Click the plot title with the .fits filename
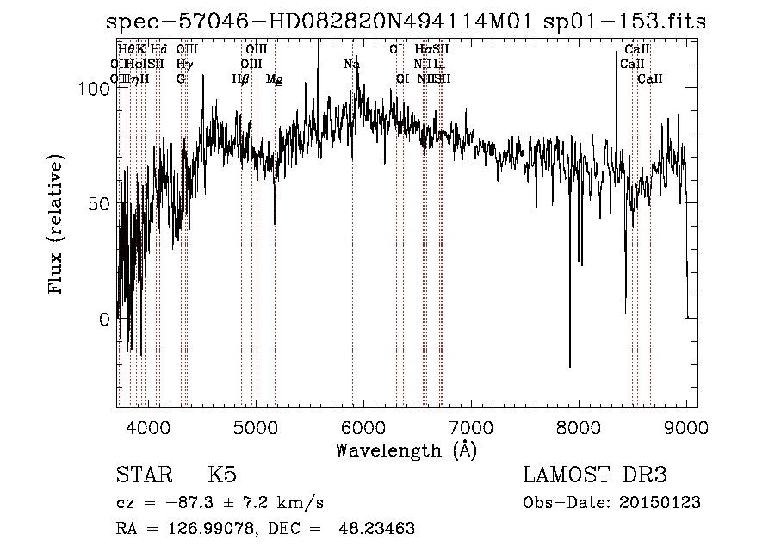[x=406, y=22]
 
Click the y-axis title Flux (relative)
[x=57, y=226]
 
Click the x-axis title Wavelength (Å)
[x=406, y=450]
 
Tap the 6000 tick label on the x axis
[x=363, y=425]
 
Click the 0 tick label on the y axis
[x=104, y=320]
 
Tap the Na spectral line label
[x=351, y=65]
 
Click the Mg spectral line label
[x=274, y=79]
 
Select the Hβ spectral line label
[x=241, y=79]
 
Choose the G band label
[x=181, y=79]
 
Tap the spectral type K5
[x=222, y=475]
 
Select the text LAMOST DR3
[x=595, y=475]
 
